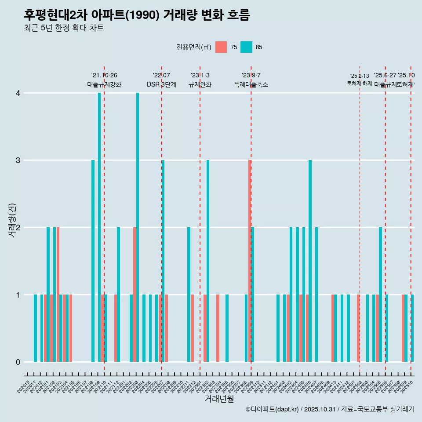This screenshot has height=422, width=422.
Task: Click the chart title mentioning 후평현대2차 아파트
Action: tap(137, 15)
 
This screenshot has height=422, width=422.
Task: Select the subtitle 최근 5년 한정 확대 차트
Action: tap(64, 29)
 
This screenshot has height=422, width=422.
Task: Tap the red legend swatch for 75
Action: tap(221, 47)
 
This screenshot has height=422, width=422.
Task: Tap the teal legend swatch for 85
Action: tap(246, 47)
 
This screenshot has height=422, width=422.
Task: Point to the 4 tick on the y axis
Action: tap(18, 93)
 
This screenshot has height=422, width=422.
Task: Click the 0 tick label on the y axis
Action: tap(18, 362)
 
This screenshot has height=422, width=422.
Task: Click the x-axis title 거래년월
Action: tap(219, 399)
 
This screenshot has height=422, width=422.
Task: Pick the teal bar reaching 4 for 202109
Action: tap(99, 227)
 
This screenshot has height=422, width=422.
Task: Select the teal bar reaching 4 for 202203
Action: tap(138, 227)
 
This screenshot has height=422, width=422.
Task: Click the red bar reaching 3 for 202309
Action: tap(249, 261)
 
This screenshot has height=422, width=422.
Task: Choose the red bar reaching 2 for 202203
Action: tap(135, 295)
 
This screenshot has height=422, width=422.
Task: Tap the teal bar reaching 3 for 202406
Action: tap(310, 261)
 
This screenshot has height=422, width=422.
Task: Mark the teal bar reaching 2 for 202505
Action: tap(380, 295)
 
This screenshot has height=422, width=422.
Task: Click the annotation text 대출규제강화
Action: tap(104, 84)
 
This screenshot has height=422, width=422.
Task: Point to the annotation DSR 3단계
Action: tap(161, 84)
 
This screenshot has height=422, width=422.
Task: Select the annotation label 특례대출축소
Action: tap(251, 84)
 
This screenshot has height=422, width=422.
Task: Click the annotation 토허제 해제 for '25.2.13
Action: tap(360, 84)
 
